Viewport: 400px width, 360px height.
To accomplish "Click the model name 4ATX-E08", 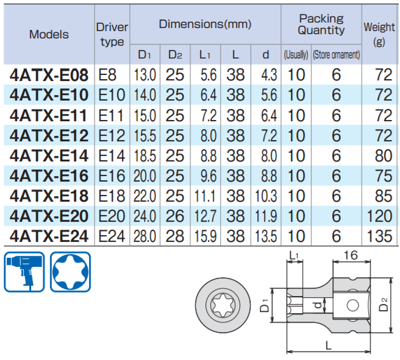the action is (49, 75).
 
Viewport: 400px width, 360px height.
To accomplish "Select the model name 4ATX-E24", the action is (49, 236).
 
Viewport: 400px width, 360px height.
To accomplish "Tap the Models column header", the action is (49, 34).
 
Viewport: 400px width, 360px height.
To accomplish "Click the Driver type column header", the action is (112, 34).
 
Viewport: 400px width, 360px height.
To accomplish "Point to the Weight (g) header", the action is (379, 34).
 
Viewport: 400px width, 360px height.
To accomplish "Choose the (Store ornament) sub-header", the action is (336, 55).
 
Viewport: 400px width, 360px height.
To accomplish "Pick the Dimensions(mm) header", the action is (205, 24).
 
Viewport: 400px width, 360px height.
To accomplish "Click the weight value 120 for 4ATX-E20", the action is (379, 216).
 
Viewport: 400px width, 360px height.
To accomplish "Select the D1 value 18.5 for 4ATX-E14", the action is (145, 156).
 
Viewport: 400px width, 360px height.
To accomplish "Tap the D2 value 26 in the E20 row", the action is (175, 216).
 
